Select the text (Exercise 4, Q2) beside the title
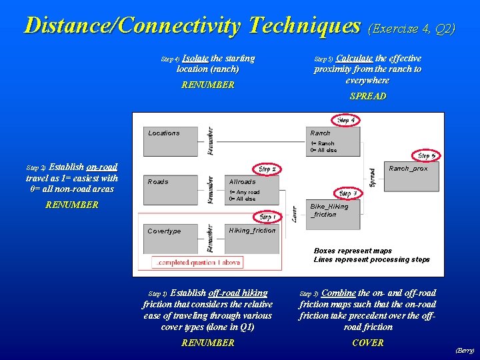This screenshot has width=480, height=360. [412, 29]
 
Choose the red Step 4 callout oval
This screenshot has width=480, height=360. [346, 121]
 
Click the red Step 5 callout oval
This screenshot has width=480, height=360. [426, 156]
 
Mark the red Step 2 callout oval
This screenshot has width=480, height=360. [267, 169]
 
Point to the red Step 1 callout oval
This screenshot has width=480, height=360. [267, 217]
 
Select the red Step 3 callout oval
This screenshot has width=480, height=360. [347, 193]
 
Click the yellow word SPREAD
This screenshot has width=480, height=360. [367, 96]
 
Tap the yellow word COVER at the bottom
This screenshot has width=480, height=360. [368, 343]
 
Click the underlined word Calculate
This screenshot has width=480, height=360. [354, 59]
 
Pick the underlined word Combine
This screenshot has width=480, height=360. [339, 293]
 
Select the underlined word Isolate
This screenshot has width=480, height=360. [195, 59]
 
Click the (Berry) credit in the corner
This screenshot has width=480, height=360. [465, 350]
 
